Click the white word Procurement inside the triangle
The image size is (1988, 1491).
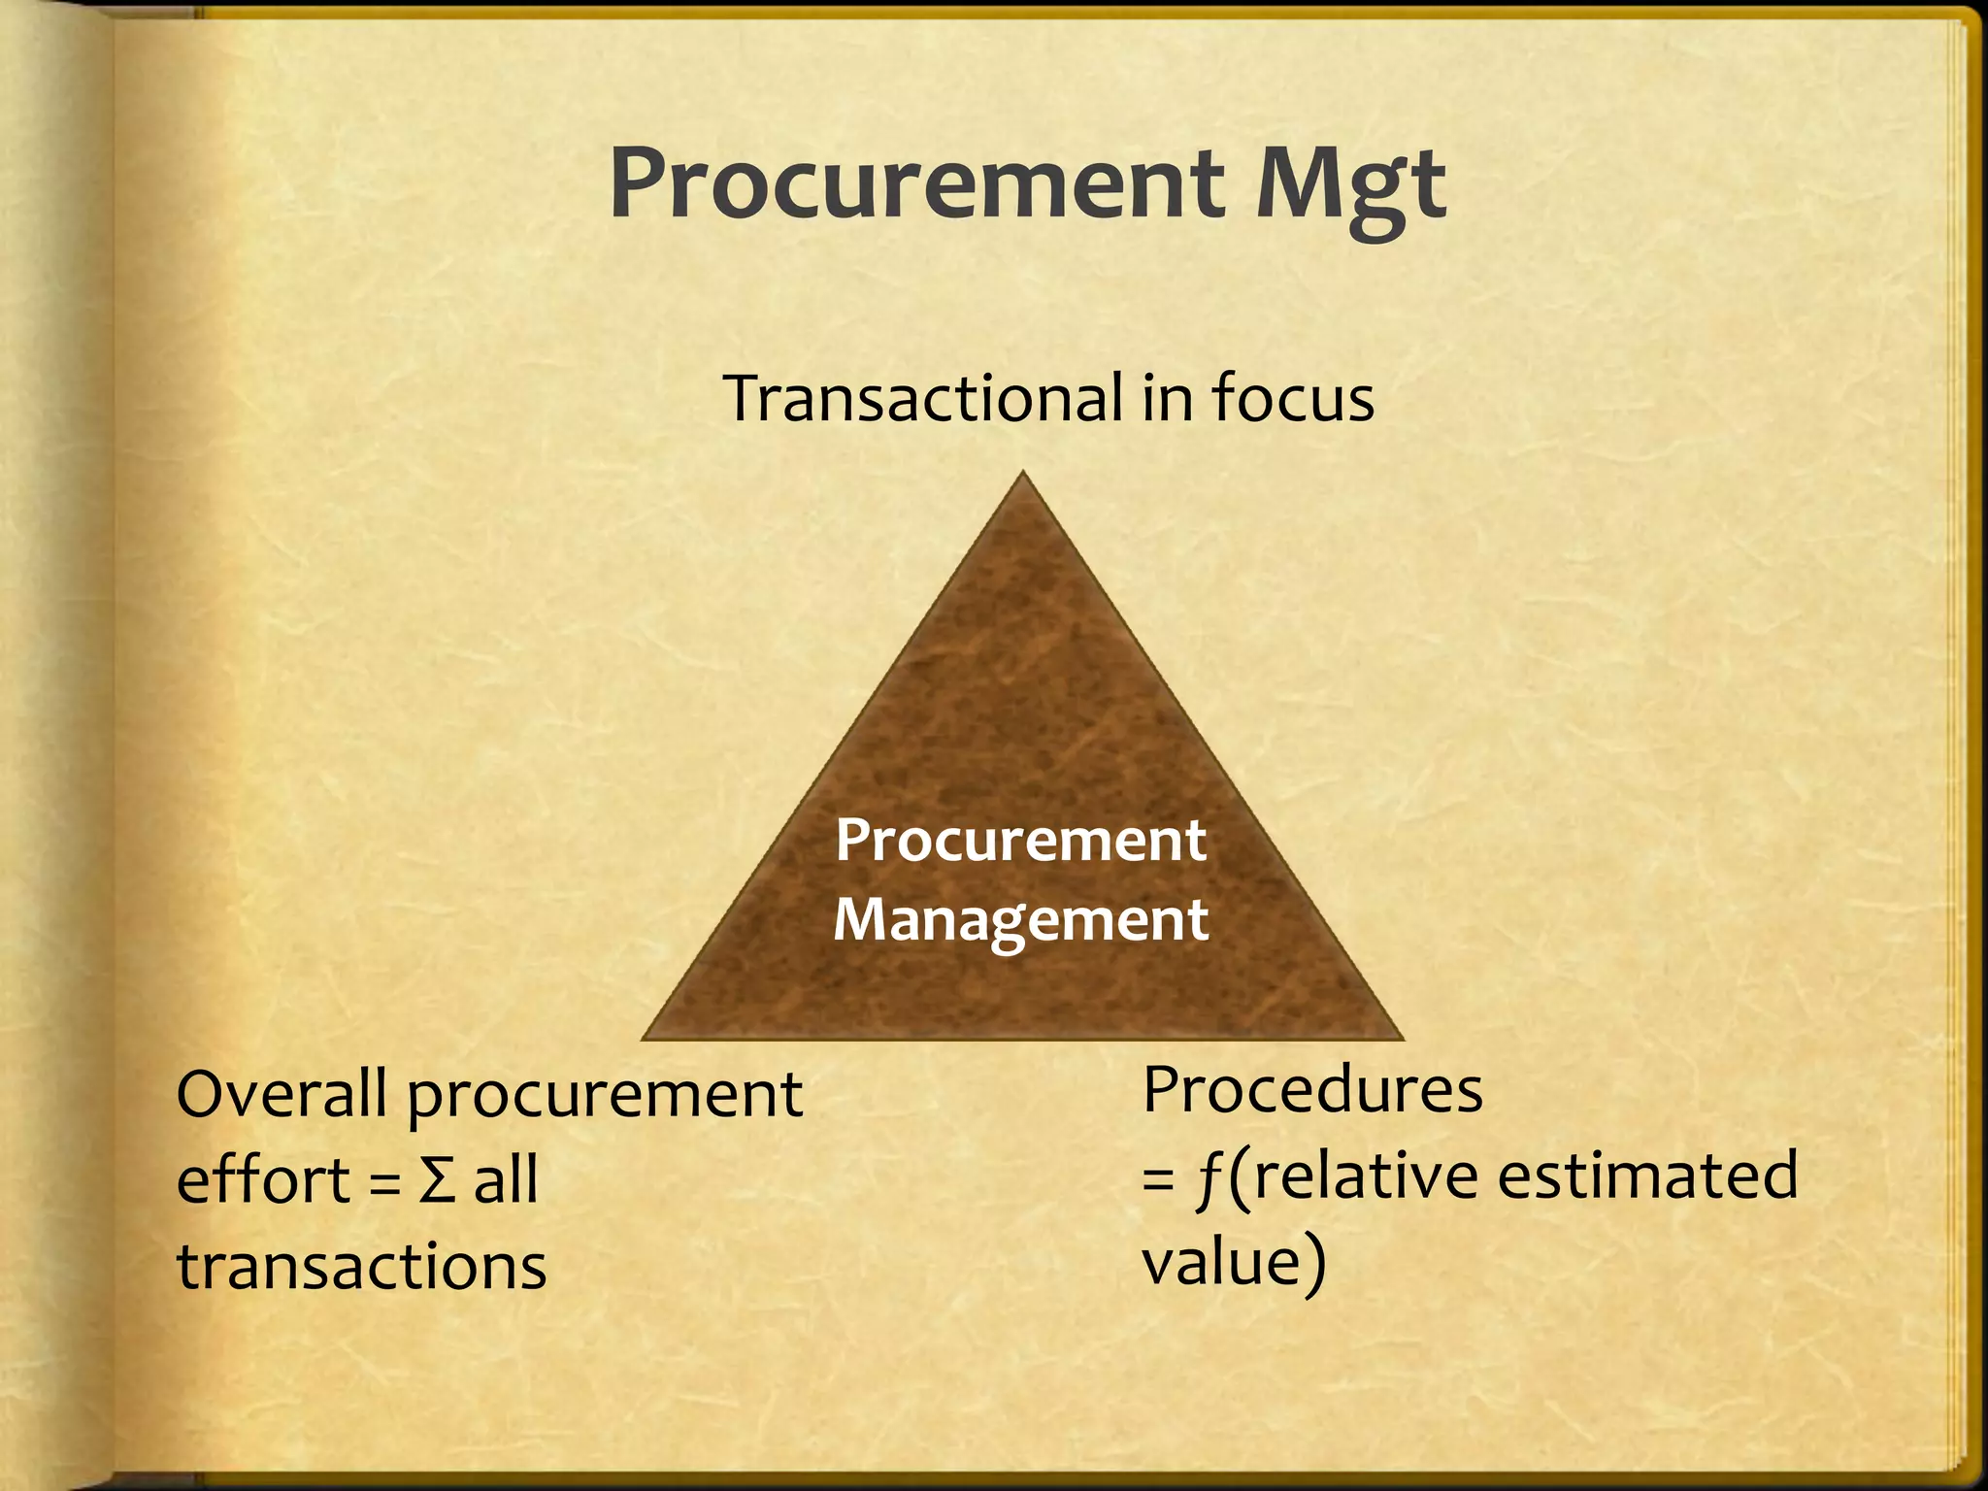pos(1021,840)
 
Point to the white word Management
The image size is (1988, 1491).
pos(1021,919)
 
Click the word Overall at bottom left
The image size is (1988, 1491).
pos(282,1094)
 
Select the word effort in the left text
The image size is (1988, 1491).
pos(263,1180)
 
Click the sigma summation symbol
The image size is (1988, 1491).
pos(437,1181)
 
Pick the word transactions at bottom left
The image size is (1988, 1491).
pos(362,1268)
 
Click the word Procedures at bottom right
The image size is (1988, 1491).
pos(1312,1090)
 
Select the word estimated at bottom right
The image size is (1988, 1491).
pos(1647,1176)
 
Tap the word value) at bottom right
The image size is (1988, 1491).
pos(1233,1263)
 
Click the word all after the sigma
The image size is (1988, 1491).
pos(506,1180)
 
